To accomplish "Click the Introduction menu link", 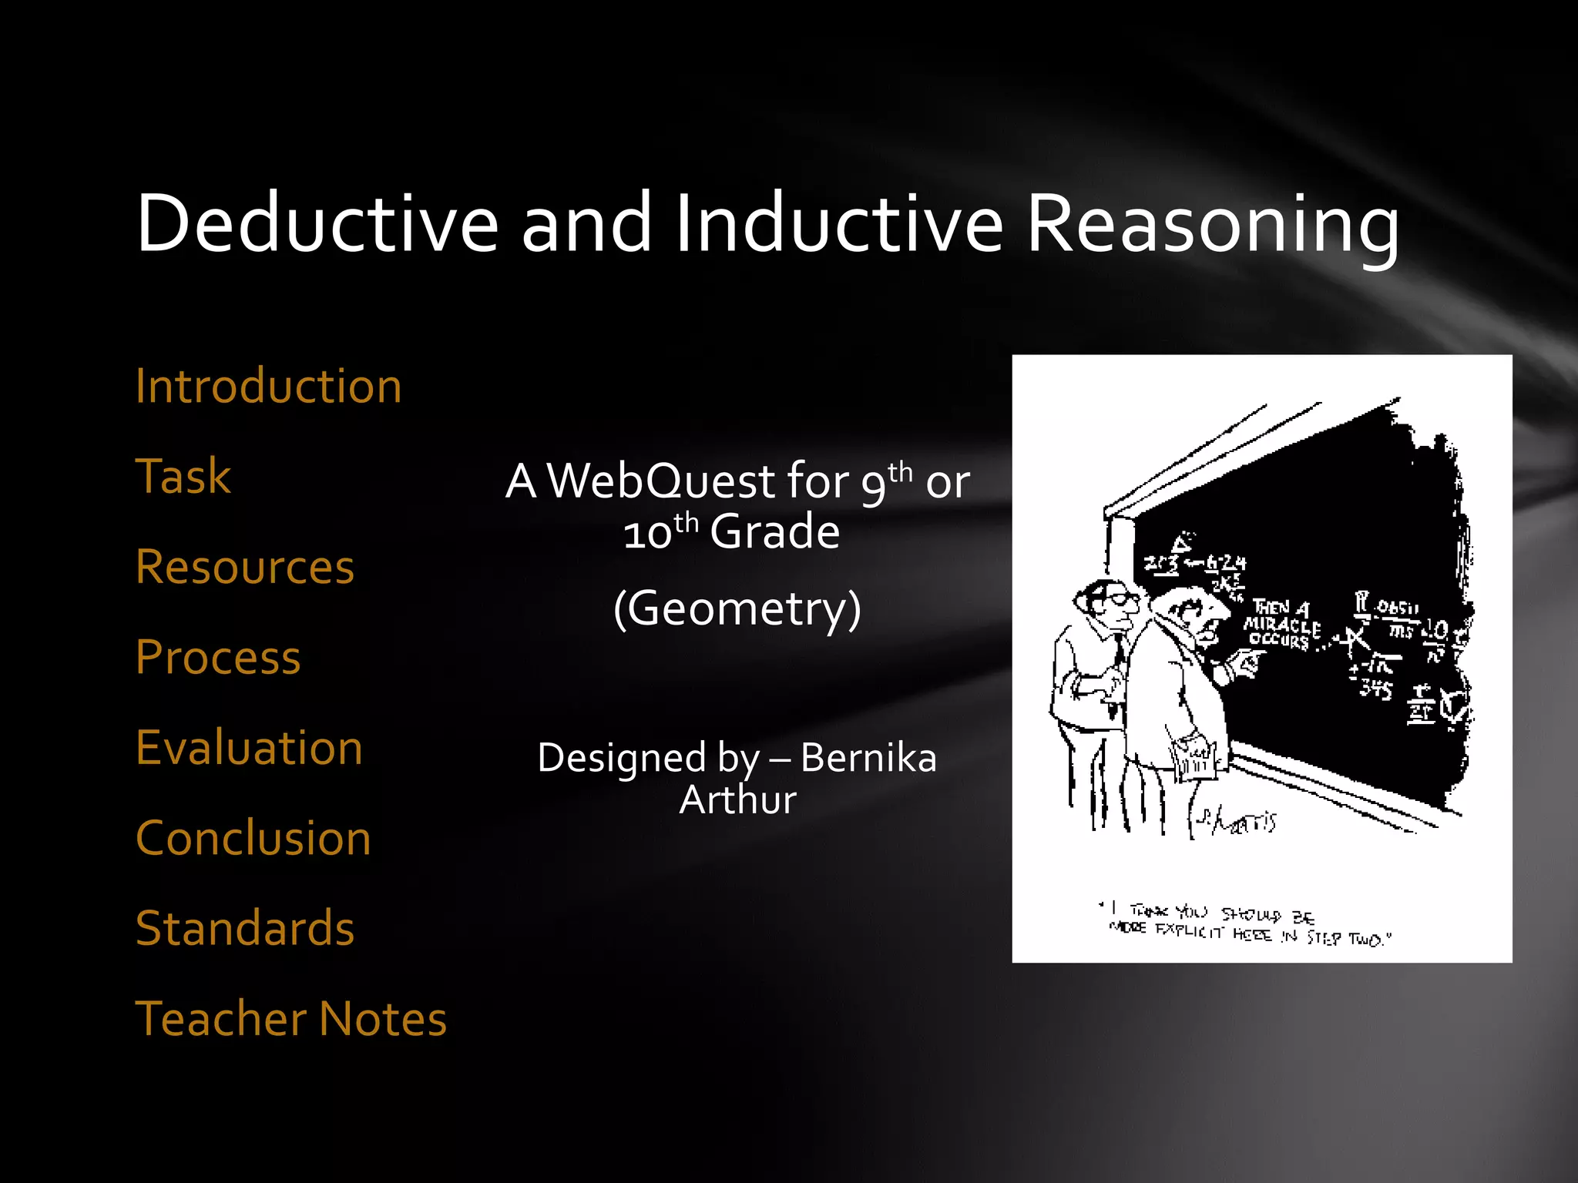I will [x=268, y=386].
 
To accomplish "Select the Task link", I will [x=183, y=476].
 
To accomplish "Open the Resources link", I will [x=245, y=567].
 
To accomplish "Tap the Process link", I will [x=218, y=657].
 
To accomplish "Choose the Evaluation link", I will [x=249, y=747].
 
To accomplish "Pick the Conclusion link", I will [x=253, y=838].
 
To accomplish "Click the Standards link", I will [x=245, y=928].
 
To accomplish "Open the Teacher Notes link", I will [x=291, y=1018].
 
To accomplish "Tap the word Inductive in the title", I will [x=839, y=223].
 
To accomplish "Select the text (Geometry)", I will [x=737, y=609].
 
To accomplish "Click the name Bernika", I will [x=868, y=758].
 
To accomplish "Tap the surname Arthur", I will [x=737, y=799].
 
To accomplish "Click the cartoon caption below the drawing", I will [x=1248, y=925].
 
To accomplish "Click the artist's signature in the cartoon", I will [x=1237, y=823].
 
